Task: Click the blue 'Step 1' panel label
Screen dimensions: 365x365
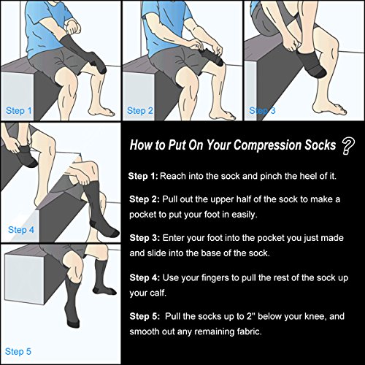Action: pyautogui.click(x=19, y=111)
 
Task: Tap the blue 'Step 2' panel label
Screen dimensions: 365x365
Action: pyautogui.click(x=140, y=111)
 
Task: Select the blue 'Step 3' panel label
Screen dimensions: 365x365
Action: pyautogui.click(x=262, y=111)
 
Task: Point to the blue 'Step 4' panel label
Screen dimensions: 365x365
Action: pyautogui.click(x=21, y=230)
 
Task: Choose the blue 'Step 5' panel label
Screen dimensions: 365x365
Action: pyautogui.click(x=18, y=351)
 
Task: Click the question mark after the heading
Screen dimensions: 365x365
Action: pyautogui.click(x=348, y=147)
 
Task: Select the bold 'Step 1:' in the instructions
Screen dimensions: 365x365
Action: pyautogui.click(x=143, y=176)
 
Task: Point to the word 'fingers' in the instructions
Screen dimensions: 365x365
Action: pyautogui.click(x=215, y=278)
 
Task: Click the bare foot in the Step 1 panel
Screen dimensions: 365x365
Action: pyautogui.click(x=101, y=112)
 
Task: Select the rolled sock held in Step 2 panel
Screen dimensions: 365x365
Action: pyautogui.click(x=211, y=58)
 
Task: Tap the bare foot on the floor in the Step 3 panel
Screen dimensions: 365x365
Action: pyautogui.click(x=329, y=109)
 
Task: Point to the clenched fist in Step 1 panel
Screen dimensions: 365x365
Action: pyautogui.click(x=73, y=27)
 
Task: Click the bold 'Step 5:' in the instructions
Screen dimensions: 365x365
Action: pyautogui.click(x=145, y=316)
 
